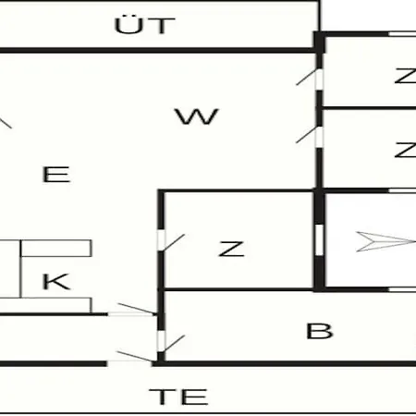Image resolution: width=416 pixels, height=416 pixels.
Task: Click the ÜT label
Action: (x=144, y=25)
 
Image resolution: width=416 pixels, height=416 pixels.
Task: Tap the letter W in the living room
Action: (x=197, y=116)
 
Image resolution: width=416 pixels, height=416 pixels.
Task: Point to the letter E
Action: (x=56, y=175)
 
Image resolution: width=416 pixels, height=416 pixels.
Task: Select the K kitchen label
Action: (x=56, y=281)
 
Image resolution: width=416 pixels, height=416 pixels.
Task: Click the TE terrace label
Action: (x=178, y=397)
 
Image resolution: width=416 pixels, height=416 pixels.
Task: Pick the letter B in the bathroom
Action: (x=320, y=331)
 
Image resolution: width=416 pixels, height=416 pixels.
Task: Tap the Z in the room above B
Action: (x=231, y=249)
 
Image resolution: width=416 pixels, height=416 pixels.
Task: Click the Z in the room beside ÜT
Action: (x=406, y=76)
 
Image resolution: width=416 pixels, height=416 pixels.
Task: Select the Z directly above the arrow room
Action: (x=406, y=150)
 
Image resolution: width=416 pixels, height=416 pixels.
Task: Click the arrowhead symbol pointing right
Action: (x=386, y=241)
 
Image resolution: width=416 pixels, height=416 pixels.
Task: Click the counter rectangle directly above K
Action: (x=56, y=248)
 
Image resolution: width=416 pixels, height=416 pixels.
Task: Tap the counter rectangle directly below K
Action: (x=45, y=306)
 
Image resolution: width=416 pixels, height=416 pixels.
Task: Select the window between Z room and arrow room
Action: (x=320, y=240)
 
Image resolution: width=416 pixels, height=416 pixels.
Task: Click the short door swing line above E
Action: (x=6, y=123)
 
